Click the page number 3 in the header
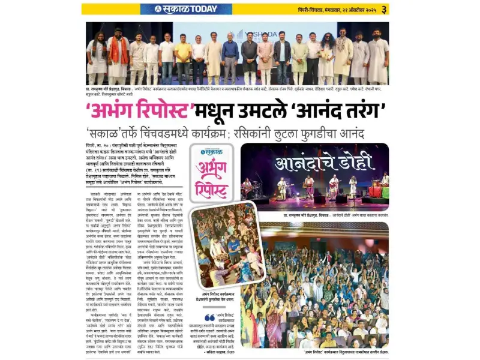pyautogui.click(x=384, y=9)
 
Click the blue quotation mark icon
pyautogui.click(x=210, y=317)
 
